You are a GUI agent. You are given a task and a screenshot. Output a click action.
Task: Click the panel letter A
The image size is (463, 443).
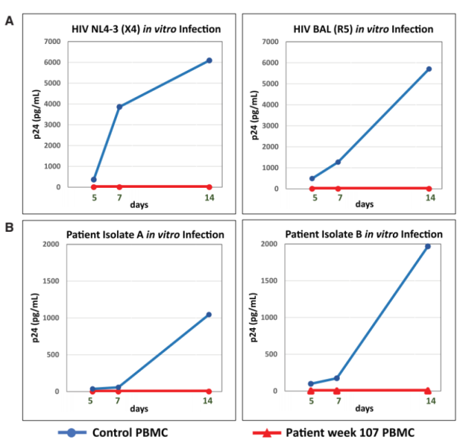pos(10,21)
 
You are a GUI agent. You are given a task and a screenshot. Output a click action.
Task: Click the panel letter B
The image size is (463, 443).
pos(10,224)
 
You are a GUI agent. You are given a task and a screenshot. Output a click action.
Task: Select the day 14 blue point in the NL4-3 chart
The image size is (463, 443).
pos(209,61)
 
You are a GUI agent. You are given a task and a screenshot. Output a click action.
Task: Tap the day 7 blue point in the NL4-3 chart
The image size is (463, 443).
pos(120,107)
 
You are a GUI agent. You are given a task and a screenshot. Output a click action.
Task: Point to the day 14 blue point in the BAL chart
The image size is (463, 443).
pos(429,69)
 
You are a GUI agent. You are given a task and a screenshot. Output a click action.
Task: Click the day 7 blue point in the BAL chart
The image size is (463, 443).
pos(338,162)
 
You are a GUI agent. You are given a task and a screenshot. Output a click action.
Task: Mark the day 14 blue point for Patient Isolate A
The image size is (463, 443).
pos(208,314)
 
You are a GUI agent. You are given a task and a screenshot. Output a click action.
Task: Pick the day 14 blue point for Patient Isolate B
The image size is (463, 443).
pos(427,246)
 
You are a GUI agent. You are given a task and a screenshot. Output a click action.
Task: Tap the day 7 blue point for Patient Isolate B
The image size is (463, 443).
pos(337,378)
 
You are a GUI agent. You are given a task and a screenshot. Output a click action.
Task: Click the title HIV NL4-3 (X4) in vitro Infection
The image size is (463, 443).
pos(146,29)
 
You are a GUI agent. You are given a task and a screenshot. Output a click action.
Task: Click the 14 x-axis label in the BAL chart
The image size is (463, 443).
pos(429,198)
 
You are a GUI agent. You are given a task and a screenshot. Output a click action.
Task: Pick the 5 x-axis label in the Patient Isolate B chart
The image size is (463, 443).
pos(311,400)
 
